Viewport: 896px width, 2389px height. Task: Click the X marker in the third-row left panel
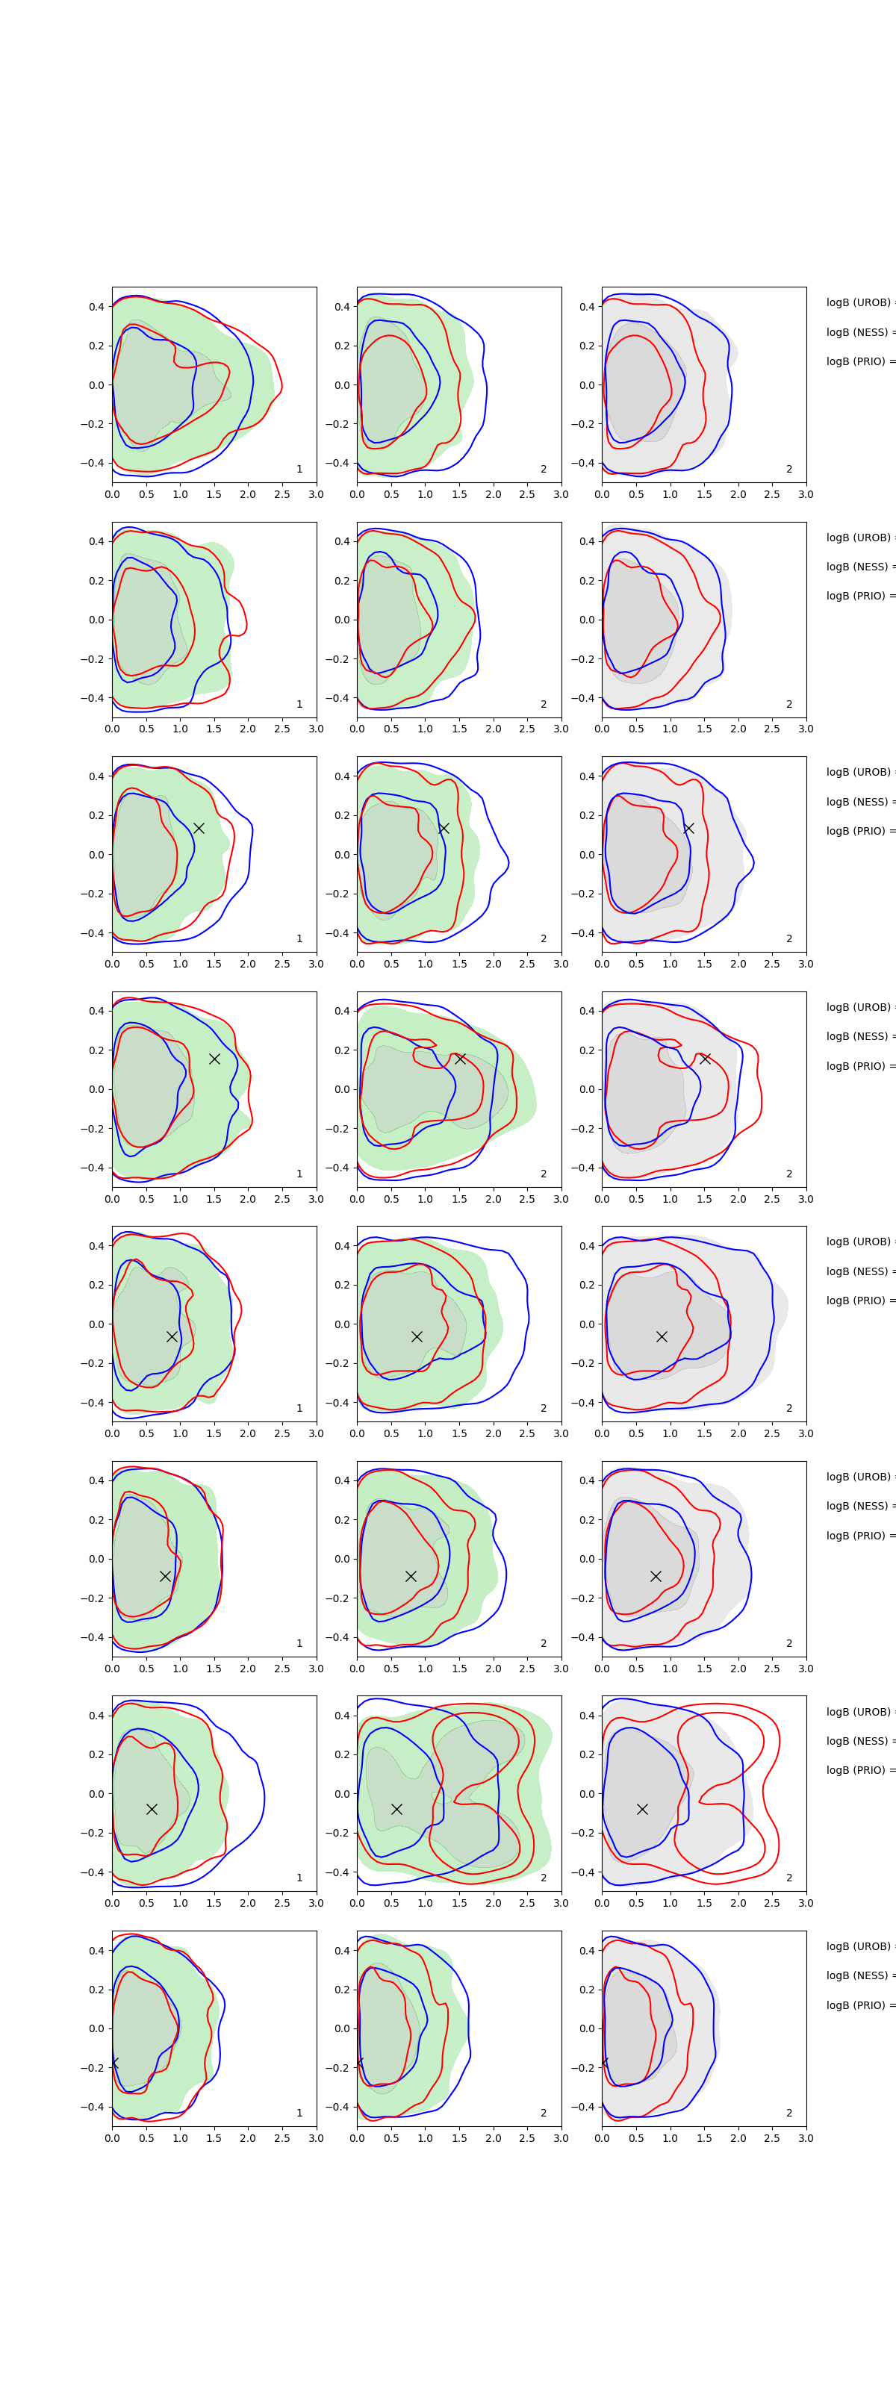click(199, 828)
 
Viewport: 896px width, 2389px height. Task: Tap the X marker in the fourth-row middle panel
click(460, 1058)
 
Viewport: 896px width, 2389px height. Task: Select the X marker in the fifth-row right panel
click(662, 1336)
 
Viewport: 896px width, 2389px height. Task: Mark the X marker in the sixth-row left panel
click(165, 1576)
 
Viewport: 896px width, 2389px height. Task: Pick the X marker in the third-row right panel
click(688, 828)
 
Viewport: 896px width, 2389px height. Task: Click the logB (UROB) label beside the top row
click(859, 302)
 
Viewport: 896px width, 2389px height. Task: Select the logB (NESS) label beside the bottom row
click(859, 1975)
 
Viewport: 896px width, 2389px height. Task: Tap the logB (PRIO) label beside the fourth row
click(859, 1065)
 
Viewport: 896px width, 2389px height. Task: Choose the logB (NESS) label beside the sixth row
click(859, 1506)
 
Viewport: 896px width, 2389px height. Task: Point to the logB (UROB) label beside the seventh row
click(859, 1712)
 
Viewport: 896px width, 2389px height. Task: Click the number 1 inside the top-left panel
click(299, 470)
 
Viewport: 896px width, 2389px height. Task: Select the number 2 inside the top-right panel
click(789, 470)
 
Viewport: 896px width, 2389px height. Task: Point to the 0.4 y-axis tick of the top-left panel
click(96, 307)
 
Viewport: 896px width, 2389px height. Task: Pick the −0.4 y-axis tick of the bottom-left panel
click(93, 2107)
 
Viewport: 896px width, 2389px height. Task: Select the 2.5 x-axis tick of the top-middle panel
click(527, 494)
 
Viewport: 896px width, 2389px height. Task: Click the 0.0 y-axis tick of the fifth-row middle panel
click(341, 1324)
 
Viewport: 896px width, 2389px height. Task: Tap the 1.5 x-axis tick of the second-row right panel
click(704, 729)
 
